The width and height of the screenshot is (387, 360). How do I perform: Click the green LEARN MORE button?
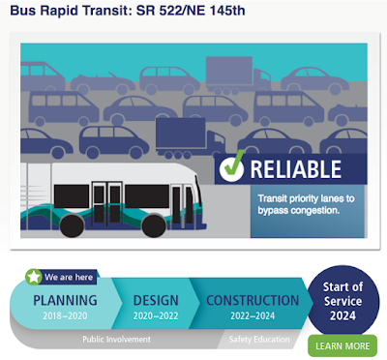[342, 346]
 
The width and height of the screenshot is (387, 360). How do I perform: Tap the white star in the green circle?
[34, 277]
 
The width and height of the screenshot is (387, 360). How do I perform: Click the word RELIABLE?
[296, 169]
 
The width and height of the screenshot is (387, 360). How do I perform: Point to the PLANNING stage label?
[65, 300]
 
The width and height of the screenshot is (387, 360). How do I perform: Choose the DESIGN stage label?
[156, 300]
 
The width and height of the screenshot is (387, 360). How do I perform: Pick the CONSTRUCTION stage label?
[253, 300]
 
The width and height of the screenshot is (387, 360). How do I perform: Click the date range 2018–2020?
[65, 315]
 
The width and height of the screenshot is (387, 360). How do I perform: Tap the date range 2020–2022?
[156, 315]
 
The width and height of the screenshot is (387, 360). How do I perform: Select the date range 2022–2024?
[253, 315]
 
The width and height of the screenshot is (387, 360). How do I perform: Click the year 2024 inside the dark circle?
[342, 315]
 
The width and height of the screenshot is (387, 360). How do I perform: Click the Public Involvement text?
[116, 340]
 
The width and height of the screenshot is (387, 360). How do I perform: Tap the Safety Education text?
[259, 340]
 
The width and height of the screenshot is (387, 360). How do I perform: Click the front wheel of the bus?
[154, 225]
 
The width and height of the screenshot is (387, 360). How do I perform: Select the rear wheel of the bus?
[72, 225]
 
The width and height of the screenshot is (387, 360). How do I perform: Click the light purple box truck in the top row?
[238, 75]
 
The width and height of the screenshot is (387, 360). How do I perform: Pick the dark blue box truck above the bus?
[191, 138]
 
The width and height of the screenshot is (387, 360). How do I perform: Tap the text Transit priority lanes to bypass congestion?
[306, 204]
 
